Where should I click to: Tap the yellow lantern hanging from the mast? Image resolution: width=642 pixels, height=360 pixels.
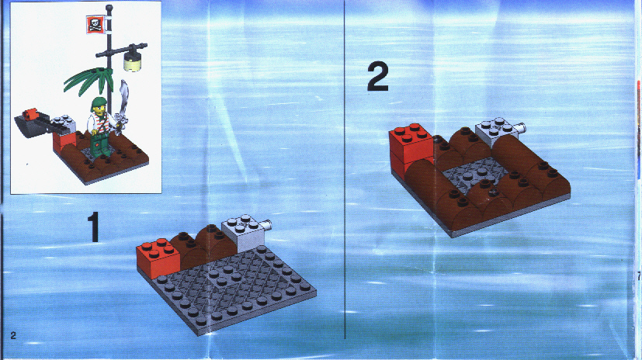pyautogui.click(x=132, y=62)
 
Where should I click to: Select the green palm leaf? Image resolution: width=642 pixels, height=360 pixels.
pyautogui.click(x=88, y=80)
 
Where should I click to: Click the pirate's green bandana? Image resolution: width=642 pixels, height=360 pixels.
pyautogui.click(x=99, y=102)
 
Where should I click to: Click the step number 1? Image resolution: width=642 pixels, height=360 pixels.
pyautogui.click(x=94, y=227)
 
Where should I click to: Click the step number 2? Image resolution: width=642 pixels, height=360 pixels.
pyautogui.click(x=377, y=77)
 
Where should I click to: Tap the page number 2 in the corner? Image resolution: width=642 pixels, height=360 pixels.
pyautogui.click(x=13, y=335)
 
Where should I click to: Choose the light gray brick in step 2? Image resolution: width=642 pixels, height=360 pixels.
pyautogui.click(x=496, y=132)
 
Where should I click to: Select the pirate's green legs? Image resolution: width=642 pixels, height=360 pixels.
pyautogui.click(x=99, y=145)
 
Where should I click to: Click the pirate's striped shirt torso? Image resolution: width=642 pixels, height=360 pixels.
pyautogui.click(x=100, y=123)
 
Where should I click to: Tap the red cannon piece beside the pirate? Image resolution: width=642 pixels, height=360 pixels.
pyautogui.click(x=29, y=114)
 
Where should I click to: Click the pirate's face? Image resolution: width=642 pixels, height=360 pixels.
pyautogui.click(x=99, y=110)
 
